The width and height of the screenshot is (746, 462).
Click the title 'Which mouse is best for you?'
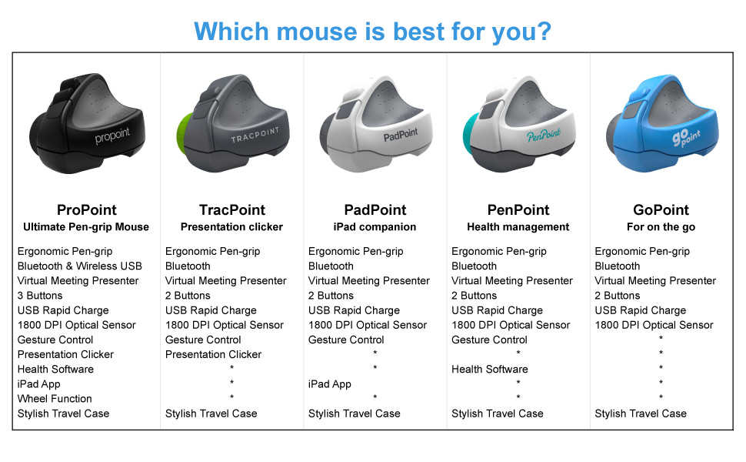pos(372,31)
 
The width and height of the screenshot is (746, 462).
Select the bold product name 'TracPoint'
pos(231,210)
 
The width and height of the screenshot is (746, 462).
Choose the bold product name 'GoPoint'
pos(661,210)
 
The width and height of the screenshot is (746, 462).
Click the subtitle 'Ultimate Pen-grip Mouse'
pos(86,227)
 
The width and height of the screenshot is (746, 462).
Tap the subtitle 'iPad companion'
pos(375,227)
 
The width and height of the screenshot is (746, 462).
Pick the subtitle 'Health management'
pos(518,227)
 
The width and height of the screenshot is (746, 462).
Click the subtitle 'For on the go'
pos(661,227)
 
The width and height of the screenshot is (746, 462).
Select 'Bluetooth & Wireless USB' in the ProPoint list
pos(79,266)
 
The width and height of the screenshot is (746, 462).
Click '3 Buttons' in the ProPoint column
pos(40,296)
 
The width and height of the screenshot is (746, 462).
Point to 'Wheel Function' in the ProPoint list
pos(55,399)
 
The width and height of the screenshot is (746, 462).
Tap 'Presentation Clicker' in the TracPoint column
pos(213,355)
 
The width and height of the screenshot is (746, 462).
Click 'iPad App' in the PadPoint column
pos(329,384)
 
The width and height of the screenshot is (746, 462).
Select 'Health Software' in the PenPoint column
pos(489,370)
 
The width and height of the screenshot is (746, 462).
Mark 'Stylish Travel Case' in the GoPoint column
pos(640,413)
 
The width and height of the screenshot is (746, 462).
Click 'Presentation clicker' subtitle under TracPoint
pos(231,227)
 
